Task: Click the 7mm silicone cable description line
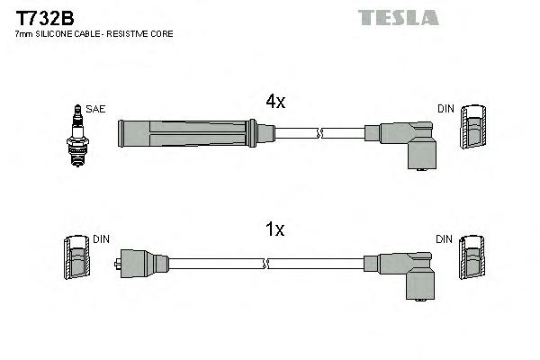coord(94,33)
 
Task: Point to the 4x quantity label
coord(274,103)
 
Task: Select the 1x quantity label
coord(274,230)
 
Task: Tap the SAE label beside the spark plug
coord(96,109)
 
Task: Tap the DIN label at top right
coord(446,109)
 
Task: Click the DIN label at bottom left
coord(102,239)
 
